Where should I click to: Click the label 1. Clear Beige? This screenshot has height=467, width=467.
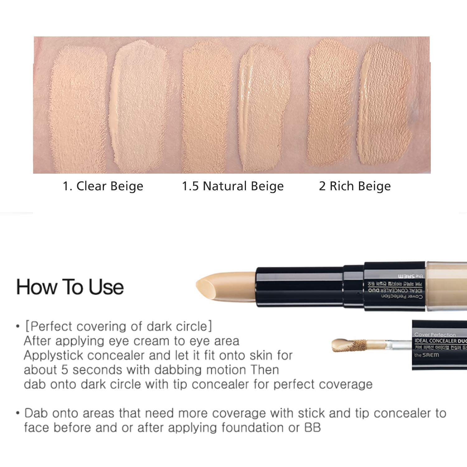click(103, 186)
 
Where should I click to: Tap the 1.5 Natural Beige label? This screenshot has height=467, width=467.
click(233, 186)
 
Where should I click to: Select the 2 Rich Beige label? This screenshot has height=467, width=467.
click(355, 186)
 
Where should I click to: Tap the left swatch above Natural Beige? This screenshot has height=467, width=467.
click(207, 106)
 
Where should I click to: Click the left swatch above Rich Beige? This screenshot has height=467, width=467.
click(333, 103)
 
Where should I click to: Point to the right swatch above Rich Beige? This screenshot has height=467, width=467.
click(384, 104)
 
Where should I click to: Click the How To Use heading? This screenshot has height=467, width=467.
click(70, 287)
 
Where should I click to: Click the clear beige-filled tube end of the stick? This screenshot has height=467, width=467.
click(447, 286)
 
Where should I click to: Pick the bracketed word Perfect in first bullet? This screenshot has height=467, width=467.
click(51, 326)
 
